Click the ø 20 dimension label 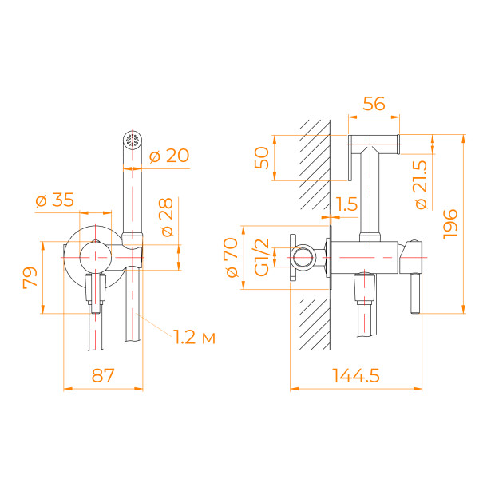(168, 156)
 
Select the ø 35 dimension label (56, 200)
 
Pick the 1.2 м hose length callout (194, 337)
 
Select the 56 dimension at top (374, 103)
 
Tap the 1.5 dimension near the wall (346, 204)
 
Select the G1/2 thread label (259, 257)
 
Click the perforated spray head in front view (132, 140)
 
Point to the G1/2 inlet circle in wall (303, 257)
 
